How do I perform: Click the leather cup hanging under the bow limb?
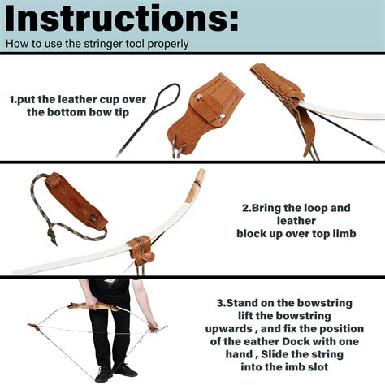tap(142, 251)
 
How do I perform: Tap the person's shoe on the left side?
tap(104, 374)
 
